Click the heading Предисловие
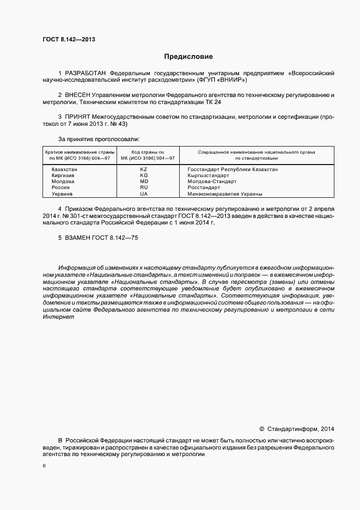point(188,57)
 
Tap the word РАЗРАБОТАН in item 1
point(86,72)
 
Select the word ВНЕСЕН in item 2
point(81,95)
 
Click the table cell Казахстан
point(64,170)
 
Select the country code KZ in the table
point(144,170)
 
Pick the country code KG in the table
point(144,176)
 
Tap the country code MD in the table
point(144,182)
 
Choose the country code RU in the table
point(144,188)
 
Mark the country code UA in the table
point(144,194)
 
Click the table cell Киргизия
point(63,176)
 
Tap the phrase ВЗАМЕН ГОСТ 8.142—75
point(98,238)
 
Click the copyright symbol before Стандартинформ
point(261,429)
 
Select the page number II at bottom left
point(44,467)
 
